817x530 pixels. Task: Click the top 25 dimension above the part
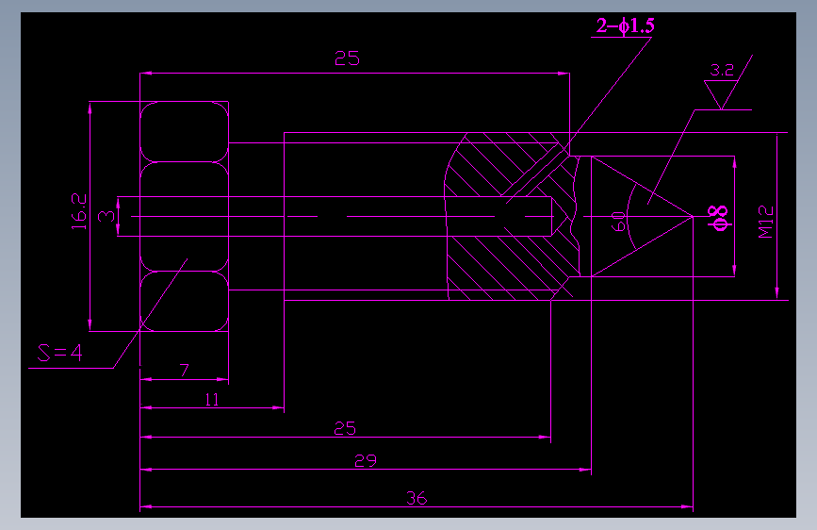point(347,58)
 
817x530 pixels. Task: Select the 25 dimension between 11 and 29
point(345,429)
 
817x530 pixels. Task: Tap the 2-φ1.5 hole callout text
point(626,25)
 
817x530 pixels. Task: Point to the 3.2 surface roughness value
point(722,70)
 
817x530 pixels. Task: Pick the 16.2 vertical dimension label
point(79,211)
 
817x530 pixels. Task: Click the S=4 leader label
point(60,353)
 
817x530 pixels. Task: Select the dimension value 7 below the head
point(184,371)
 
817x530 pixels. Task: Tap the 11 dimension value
point(211,400)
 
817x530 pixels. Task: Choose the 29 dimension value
point(366,461)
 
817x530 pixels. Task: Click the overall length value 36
point(417,499)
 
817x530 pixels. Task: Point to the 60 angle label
point(618,222)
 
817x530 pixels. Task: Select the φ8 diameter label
point(718,218)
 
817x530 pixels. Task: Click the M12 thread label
point(766,222)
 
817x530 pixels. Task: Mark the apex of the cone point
point(693,216)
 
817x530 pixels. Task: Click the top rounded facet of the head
point(185,131)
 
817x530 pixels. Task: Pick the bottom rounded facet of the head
point(185,301)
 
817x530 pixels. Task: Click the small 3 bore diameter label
point(106,216)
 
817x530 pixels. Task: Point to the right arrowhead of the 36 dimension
point(687,506)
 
